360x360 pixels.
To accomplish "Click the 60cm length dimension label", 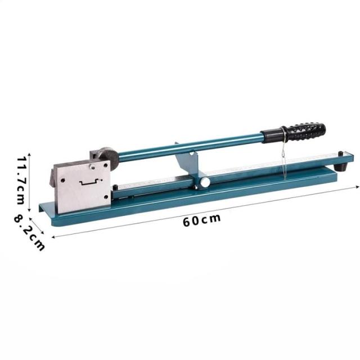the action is point(202,220).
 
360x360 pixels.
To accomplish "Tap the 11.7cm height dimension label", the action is point(21,181).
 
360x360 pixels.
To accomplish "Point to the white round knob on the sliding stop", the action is point(205,182).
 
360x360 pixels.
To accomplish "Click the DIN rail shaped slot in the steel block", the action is point(89,182).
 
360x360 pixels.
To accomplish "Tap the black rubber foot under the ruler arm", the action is point(340,167).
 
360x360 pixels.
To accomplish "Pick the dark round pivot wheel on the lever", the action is point(109,158).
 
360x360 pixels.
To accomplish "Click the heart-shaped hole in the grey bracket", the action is point(192,154).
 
